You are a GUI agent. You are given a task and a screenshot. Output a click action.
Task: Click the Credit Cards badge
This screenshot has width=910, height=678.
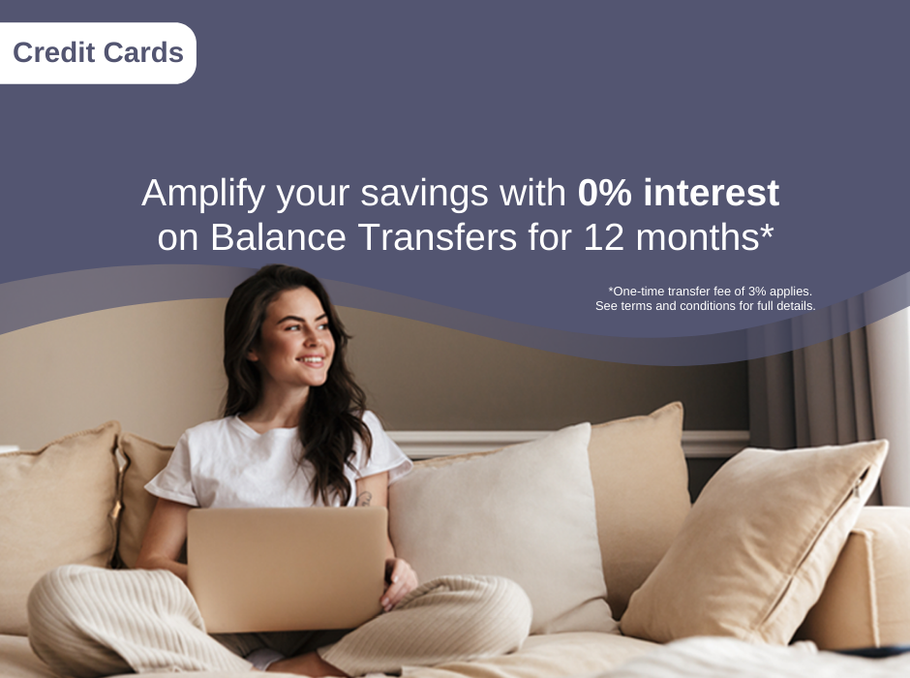98,52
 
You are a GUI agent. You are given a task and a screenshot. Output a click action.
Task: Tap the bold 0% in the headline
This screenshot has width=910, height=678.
604,194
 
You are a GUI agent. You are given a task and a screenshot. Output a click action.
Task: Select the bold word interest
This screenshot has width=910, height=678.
711,194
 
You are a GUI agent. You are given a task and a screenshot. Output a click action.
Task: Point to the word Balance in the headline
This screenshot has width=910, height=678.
273,237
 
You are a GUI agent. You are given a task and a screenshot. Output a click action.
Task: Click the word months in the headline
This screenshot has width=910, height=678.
705,237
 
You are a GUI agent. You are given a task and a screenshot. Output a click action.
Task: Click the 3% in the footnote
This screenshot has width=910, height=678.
757,291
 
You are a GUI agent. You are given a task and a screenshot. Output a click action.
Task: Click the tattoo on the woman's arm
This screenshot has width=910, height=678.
364,499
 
